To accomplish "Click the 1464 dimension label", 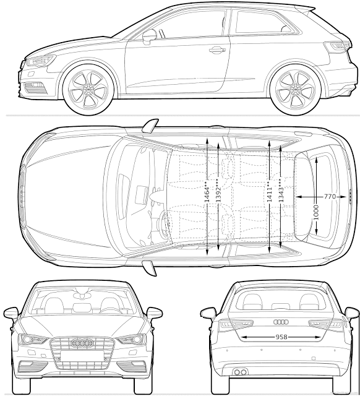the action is [x=207, y=192].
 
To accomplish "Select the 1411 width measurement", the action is [x=269, y=192].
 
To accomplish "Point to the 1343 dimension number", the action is [x=281, y=192].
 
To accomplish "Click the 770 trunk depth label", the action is [x=330, y=196].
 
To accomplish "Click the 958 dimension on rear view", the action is [x=281, y=337].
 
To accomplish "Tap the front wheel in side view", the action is [x=88, y=89].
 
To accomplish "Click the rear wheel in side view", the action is [x=295, y=89].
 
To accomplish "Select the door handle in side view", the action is [x=217, y=49].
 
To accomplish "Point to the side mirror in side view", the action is [x=150, y=36].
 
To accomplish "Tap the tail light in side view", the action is [x=337, y=47].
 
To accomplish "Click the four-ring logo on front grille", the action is [x=82, y=343].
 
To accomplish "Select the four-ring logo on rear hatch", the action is [x=281, y=322].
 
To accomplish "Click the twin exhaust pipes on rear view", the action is [x=240, y=372].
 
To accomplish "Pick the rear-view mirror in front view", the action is [x=82, y=296].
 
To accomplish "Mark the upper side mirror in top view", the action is [x=150, y=126].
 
